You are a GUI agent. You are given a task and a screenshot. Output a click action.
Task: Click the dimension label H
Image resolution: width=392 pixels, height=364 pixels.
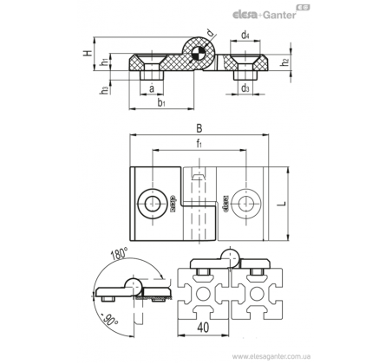tap(88, 53)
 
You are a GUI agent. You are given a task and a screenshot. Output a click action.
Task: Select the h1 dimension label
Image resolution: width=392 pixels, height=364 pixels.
tap(105, 62)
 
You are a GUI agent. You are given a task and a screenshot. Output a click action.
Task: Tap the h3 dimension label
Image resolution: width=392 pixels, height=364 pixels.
tap(105, 90)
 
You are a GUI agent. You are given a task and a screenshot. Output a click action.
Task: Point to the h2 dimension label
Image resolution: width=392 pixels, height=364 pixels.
tap(285, 62)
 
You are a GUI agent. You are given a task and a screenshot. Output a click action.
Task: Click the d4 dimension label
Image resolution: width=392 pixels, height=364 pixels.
tap(245, 36)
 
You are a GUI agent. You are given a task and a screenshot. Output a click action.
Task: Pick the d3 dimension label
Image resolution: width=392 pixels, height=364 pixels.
tap(245, 88)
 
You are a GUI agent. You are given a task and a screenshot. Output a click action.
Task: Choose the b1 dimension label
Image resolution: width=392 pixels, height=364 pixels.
tap(161, 102)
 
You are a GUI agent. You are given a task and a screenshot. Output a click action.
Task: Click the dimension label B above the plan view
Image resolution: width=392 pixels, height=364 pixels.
tap(199, 128)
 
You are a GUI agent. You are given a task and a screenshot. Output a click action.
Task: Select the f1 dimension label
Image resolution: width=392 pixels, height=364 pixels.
tap(199, 143)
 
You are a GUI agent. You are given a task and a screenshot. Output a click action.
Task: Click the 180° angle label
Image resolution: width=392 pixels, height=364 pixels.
tap(119, 254)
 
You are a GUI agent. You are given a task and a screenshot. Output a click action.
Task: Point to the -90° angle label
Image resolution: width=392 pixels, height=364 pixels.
tap(108, 320)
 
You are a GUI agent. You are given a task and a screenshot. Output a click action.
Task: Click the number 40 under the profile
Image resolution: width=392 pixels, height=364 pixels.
tap(204, 328)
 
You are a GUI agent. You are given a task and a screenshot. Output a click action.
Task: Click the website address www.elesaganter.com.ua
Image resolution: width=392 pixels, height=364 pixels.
tap(271, 356)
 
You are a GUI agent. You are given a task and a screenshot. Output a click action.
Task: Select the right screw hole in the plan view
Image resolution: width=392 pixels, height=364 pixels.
tap(246, 204)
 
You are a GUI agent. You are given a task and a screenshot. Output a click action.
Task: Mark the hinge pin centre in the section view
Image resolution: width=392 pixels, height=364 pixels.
tap(199, 54)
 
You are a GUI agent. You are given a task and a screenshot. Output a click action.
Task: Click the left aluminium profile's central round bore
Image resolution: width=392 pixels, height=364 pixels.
tap(203, 294)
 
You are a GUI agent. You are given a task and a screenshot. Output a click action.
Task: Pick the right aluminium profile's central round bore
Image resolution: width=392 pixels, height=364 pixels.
tap(257, 294)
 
